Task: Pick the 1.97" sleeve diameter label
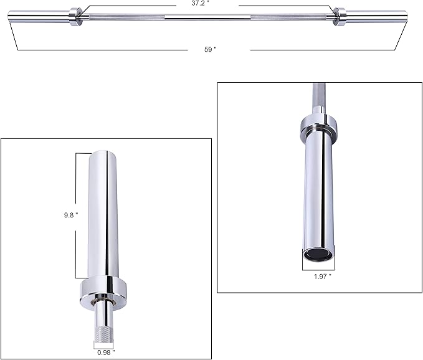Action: click(x=322, y=276)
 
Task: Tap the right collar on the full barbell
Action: click(x=340, y=16)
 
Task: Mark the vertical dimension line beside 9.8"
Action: click(x=77, y=215)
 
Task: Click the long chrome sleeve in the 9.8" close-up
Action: click(x=103, y=212)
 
